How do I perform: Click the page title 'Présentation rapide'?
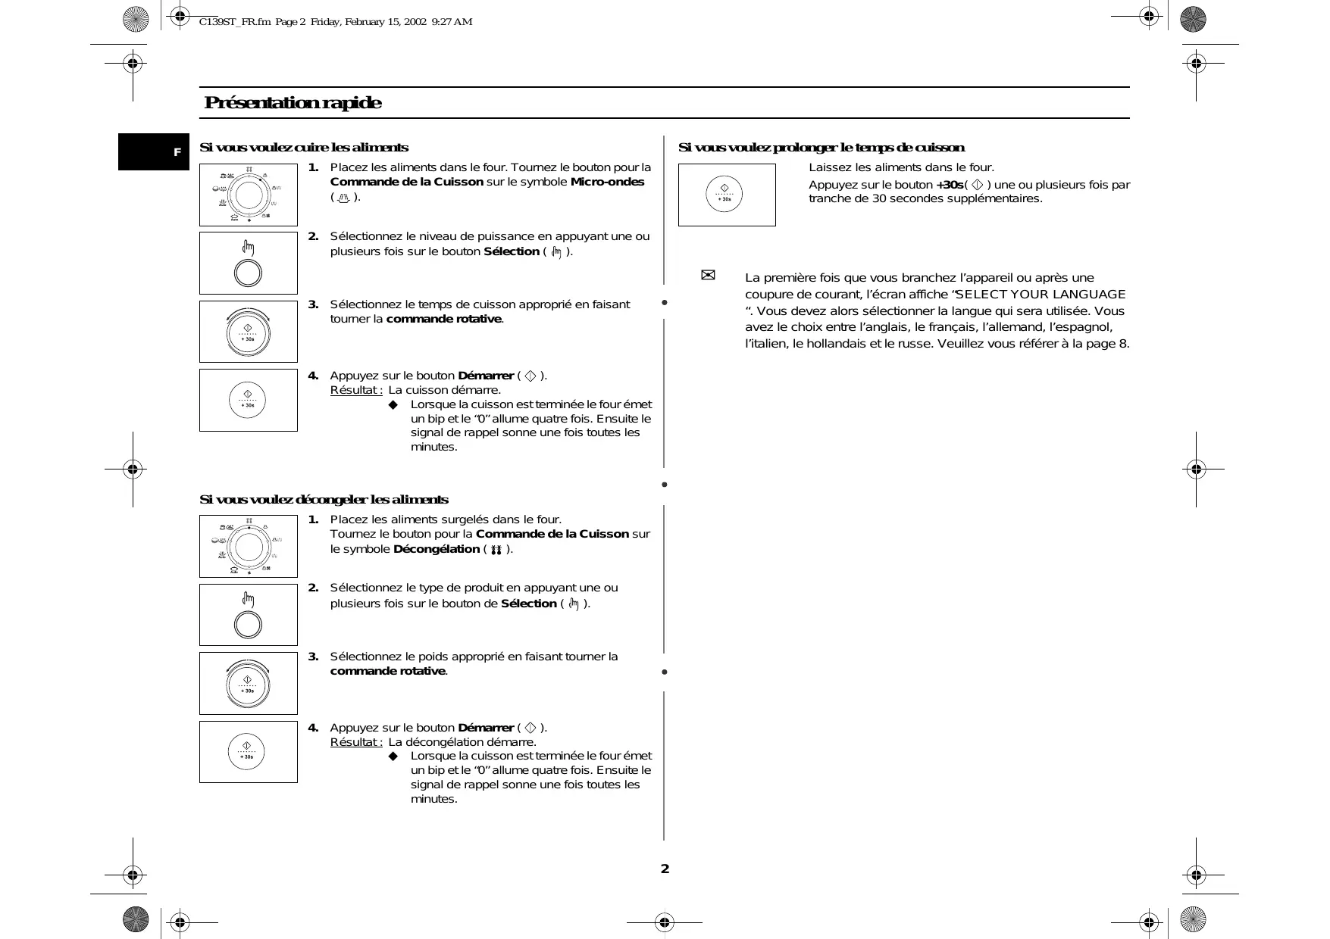coord(293,103)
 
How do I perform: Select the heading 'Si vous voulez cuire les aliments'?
coord(303,148)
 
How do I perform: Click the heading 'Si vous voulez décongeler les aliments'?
coord(324,500)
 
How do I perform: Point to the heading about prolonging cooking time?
coord(821,148)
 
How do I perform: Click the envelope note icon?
coord(708,276)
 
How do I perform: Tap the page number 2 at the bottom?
coord(665,869)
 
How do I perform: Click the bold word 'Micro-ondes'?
coord(607,182)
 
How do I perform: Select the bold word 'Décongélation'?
coord(437,549)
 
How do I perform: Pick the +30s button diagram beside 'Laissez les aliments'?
coord(726,195)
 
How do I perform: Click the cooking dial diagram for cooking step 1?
coord(249,195)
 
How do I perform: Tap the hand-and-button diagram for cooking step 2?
coord(249,263)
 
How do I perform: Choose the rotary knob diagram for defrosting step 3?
coord(249,683)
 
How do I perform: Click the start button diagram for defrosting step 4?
coord(249,752)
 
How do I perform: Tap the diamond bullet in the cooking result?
coord(393,405)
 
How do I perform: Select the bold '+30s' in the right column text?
coord(950,185)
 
